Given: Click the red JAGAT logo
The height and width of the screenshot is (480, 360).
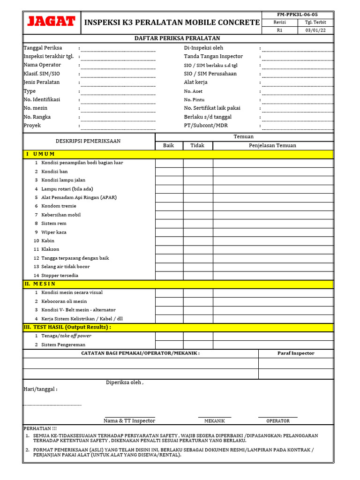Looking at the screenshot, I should point(52,22).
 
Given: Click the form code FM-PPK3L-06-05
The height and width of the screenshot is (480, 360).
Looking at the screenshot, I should point(298,15).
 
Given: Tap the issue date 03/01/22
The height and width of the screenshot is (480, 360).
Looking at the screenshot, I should point(315,30).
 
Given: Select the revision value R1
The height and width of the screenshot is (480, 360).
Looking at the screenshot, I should point(279,30).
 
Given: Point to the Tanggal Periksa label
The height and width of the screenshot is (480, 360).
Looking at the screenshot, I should point(43,48).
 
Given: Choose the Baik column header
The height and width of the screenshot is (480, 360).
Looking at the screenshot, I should point(168,145).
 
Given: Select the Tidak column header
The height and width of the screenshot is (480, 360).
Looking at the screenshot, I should point(197,145).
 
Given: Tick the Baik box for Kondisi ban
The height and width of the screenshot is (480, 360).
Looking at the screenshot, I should point(169,172).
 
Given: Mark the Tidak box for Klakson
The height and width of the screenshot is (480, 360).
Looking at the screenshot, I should point(198,249).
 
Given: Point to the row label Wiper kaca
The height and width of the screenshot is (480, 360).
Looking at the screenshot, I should point(54,232).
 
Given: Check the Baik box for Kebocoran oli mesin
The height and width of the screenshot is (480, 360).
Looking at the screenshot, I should point(169,301).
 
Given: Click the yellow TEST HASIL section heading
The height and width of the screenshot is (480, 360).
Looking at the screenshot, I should point(67,327).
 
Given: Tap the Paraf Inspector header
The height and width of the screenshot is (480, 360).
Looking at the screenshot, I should point(296,353).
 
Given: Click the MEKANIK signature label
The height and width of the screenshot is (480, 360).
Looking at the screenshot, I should point(215,421).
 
